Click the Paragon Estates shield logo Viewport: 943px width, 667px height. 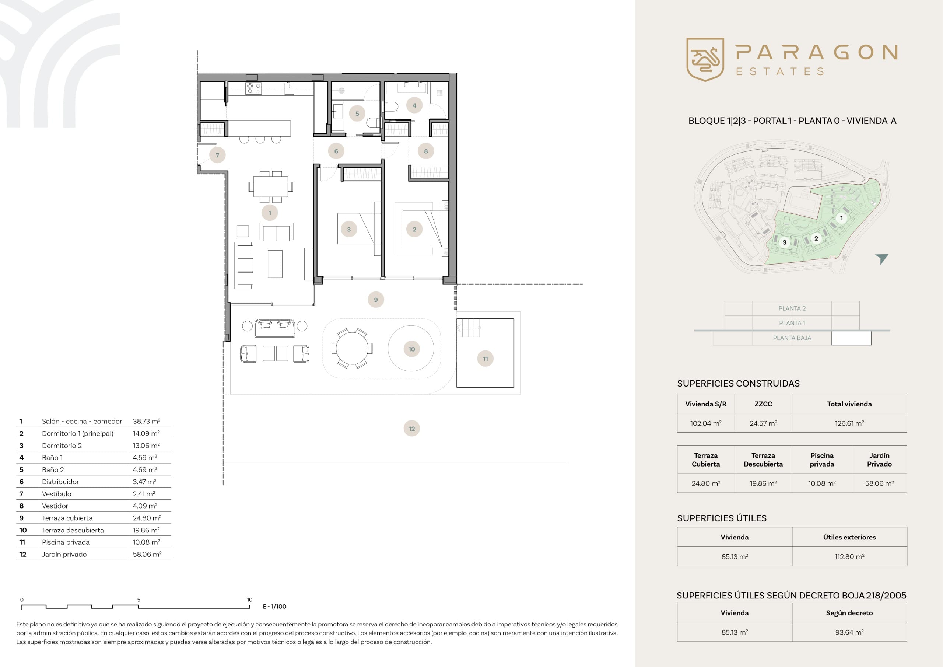[x=705, y=60]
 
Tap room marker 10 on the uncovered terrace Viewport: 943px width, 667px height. [x=411, y=349]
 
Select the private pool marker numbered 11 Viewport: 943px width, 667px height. [x=485, y=358]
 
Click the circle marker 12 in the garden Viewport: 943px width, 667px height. [x=411, y=429]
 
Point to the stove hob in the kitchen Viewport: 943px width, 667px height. [x=253, y=88]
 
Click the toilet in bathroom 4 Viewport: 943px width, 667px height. [x=390, y=107]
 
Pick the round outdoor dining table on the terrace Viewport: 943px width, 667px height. [x=352, y=349]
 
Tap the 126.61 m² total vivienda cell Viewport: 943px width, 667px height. [x=849, y=423]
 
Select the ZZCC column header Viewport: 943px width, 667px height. [x=763, y=404]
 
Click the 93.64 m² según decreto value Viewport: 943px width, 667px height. [x=849, y=632]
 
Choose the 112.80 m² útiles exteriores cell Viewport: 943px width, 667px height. [x=849, y=556]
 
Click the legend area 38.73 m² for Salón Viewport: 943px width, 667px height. [x=147, y=421]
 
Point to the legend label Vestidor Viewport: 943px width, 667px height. [x=55, y=506]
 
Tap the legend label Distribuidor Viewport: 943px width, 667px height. [x=60, y=482]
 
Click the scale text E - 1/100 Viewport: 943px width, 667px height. [x=275, y=607]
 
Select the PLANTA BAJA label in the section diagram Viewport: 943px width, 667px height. [x=792, y=338]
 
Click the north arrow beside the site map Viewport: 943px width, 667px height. [x=882, y=258]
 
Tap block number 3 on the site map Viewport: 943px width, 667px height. [x=785, y=242]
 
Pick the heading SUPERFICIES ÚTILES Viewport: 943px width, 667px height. [x=722, y=518]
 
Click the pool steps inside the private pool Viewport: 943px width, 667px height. [x=469, y=328]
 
